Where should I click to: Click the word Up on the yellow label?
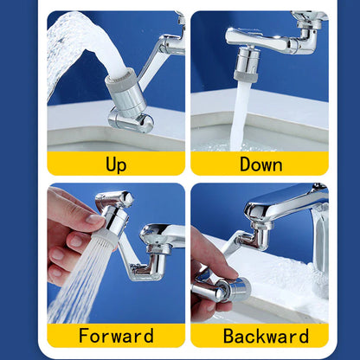[x=115, y=164]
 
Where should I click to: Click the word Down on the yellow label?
[x=260, y=164]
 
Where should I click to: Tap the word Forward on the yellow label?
[x=116, y=336]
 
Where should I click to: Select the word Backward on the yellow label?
[x=260, y=336]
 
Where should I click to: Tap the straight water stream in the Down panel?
[x=243, y=112]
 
